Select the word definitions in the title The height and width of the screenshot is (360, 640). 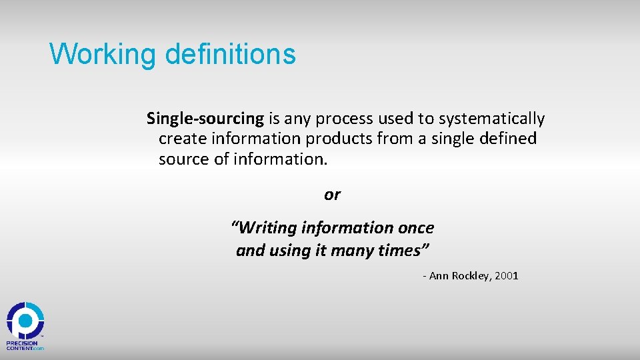[230, 54]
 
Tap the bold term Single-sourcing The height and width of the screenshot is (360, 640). [205, 119]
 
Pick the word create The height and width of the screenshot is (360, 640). [181, 139]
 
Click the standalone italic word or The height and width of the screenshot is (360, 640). [332, 195]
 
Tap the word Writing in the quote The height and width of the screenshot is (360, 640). [267, 228]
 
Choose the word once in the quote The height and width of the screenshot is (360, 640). [416, 228]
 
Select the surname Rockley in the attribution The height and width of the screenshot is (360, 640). [471, 276]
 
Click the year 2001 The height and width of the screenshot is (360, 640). [507, 276]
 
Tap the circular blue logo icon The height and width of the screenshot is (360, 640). [25, 321]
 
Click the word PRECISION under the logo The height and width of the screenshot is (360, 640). [22, 343]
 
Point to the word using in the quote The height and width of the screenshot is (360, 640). [291, 251]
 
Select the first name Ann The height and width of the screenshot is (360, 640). [439, 276]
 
